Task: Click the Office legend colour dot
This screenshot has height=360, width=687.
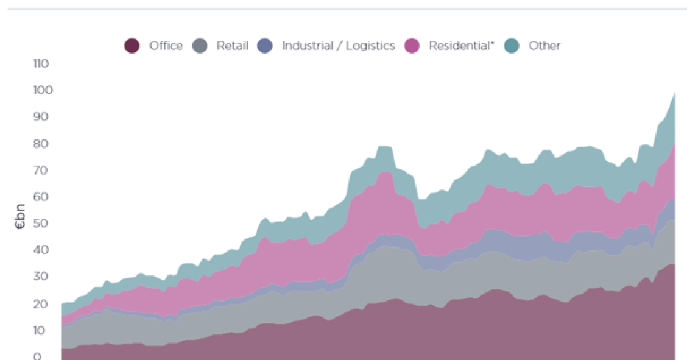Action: (132, 46)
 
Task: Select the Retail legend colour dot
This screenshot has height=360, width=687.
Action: (200, 46)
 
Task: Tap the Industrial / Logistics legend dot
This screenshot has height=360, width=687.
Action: (265, 46)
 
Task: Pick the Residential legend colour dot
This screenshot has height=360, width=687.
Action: (412, 46)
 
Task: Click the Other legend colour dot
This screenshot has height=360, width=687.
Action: (512, 46)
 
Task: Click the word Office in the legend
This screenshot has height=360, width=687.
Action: (166, 46)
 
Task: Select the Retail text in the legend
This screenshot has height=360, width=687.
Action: (232, 46)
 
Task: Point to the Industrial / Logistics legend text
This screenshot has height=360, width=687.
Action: (338, 46)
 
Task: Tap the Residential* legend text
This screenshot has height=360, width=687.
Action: (461, 46)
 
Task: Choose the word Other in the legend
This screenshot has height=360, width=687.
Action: (544, 46)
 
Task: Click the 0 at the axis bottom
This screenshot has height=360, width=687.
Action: (37, 356)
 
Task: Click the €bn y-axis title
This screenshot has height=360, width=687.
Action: (20, 216)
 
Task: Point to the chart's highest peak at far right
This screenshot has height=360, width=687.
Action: (674, 93)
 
